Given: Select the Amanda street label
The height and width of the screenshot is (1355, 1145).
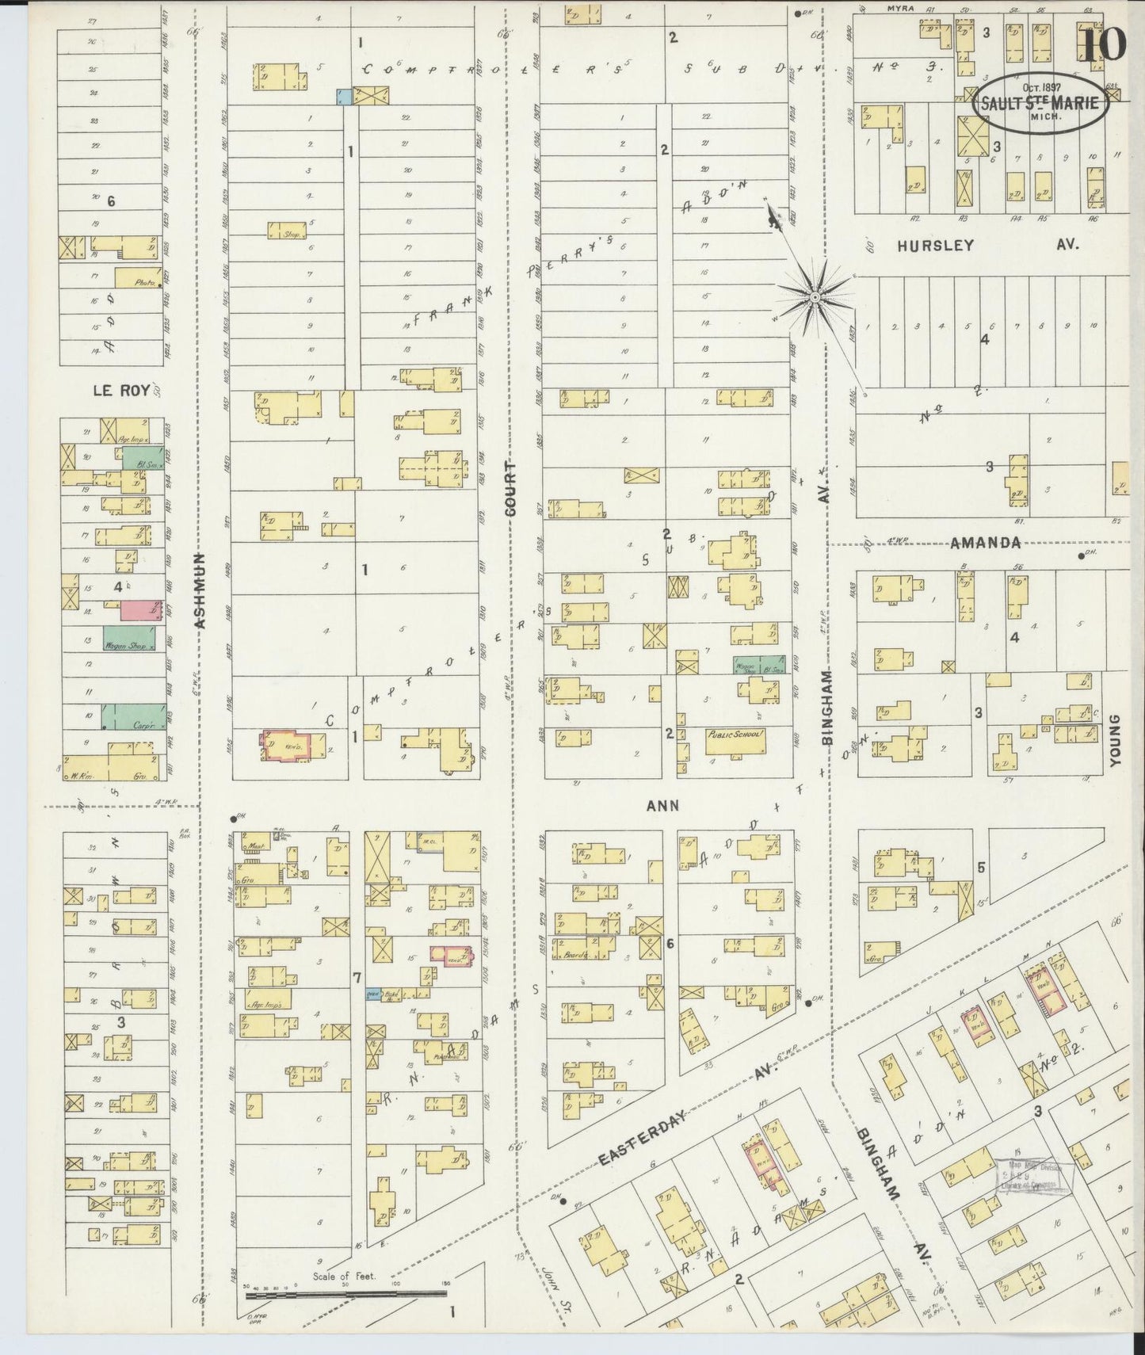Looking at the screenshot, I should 985,543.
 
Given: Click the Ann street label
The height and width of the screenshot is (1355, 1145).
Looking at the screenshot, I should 662,805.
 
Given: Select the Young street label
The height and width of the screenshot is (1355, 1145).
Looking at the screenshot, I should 1116,740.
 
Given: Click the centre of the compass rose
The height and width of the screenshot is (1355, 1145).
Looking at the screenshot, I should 814,296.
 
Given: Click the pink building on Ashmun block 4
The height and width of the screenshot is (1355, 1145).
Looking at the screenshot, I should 137,610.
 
